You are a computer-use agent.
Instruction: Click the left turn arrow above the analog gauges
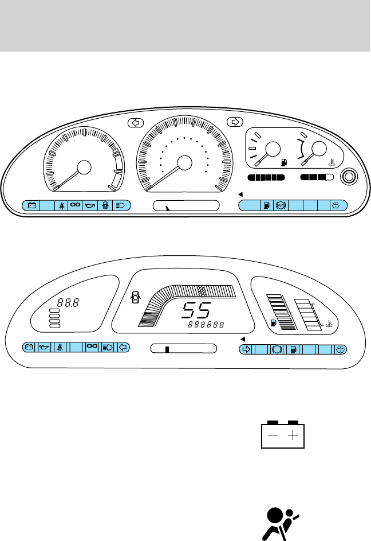[135, 122]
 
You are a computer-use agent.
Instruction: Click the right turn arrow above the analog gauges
[234, 122]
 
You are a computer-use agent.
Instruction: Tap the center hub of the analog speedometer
[184, 163]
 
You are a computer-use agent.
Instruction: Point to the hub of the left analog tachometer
[84, 168]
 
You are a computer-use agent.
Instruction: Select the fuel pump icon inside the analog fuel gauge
[283, 162]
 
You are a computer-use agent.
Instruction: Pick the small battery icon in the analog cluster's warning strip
[32, 205]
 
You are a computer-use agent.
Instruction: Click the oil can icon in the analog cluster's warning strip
[90, 205]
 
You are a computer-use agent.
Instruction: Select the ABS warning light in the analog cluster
[281, 205]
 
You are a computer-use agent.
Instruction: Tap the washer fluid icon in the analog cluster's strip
[338, 205]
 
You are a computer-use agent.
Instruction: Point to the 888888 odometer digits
[204, 326]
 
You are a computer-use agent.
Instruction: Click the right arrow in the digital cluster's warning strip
[246, 348]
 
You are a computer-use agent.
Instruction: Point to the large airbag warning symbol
[279, 523]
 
